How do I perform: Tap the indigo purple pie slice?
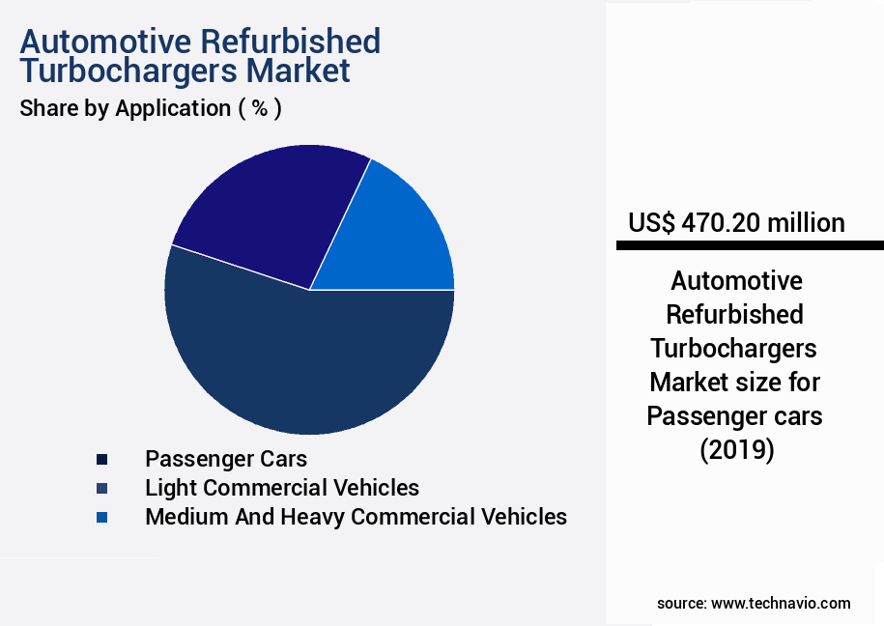271,208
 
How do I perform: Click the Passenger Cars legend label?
226,458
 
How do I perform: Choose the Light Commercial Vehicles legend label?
282,487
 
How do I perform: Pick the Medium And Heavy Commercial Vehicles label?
356,517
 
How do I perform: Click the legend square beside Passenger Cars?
102,459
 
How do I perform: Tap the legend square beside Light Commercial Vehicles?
102,488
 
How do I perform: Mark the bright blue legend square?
102,518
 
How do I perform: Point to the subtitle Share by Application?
125,108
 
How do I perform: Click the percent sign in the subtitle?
259,108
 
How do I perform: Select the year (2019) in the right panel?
737,449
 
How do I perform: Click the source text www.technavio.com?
781,603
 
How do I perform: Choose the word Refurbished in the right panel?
736,314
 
